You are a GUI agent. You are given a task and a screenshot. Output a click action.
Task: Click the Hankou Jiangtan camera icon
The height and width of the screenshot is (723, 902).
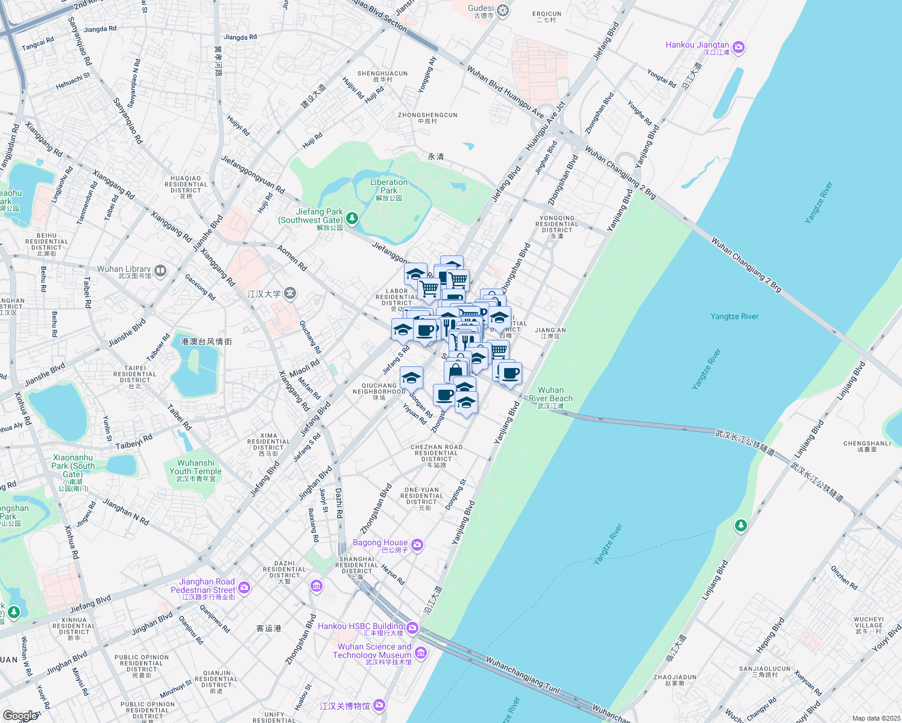coord(739,48)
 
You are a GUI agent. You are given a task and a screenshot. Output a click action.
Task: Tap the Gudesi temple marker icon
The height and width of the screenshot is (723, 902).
coord(502,11)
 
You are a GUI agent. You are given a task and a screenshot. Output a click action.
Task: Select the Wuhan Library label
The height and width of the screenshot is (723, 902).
coord(124,269)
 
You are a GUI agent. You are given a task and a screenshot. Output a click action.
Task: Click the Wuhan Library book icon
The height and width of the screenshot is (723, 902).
coord(160,271)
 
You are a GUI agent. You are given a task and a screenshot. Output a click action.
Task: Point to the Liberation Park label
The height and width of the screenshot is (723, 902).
coord(389,186)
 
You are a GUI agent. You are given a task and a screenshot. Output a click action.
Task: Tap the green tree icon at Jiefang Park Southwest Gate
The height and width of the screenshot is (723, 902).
coord(352,218)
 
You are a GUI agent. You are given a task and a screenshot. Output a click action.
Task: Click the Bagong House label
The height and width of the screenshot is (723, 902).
coord(380,543)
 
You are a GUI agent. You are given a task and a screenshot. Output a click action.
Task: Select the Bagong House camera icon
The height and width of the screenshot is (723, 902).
coord(417,545)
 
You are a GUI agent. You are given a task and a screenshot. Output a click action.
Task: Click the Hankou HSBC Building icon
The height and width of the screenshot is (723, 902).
coord(412,628)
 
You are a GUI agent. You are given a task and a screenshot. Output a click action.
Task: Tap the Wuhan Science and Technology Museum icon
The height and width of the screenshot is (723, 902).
coord(421,653)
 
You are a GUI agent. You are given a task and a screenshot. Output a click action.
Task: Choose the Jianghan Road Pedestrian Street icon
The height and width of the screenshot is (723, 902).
coord(244,587)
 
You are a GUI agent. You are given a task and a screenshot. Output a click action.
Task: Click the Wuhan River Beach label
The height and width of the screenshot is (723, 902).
coord(550,394)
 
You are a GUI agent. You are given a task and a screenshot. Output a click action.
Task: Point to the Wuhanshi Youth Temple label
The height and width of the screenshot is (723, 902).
coord(195,467)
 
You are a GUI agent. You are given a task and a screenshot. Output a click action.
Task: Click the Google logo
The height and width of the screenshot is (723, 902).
coord(20,716)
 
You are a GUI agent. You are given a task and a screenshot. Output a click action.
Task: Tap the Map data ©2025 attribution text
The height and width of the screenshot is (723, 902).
coord(875,718)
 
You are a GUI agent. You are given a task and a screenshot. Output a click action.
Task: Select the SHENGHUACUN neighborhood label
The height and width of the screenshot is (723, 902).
coord(382,74)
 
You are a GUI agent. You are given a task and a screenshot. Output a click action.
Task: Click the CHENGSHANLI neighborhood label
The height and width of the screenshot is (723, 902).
coord(867,443)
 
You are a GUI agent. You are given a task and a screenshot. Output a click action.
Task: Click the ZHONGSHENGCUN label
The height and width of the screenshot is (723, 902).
coord(427,115)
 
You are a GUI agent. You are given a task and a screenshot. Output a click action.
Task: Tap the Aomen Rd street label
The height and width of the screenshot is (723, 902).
coord(292,258)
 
